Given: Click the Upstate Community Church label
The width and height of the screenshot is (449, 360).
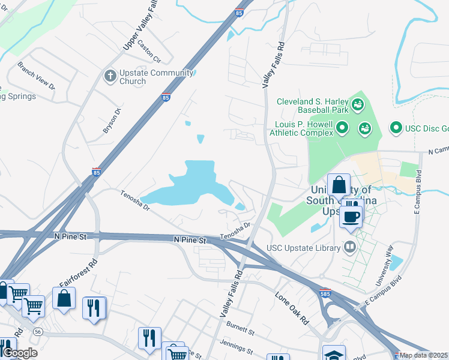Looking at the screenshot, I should click(x=148, y=77).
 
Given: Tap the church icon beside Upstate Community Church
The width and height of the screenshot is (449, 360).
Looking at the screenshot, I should click(x=109, y=76).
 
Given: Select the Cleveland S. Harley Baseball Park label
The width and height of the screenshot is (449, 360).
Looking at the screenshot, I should click(x=312, y=106).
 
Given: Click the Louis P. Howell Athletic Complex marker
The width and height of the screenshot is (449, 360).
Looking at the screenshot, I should click(x=342, y=128).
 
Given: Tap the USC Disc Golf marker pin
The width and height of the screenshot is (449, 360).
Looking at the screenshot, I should click(x=396, y=127).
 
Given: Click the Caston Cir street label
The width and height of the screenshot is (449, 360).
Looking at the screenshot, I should click(x=149, y=51).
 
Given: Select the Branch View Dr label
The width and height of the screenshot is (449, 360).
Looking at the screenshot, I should click(x=36, y=75).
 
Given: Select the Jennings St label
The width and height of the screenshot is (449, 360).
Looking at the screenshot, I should click(x=238, y=347).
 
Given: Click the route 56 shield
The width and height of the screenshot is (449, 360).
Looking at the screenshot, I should click(x=38, y=331).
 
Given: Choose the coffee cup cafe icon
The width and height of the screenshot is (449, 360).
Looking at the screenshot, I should click(x=351, y=217).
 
